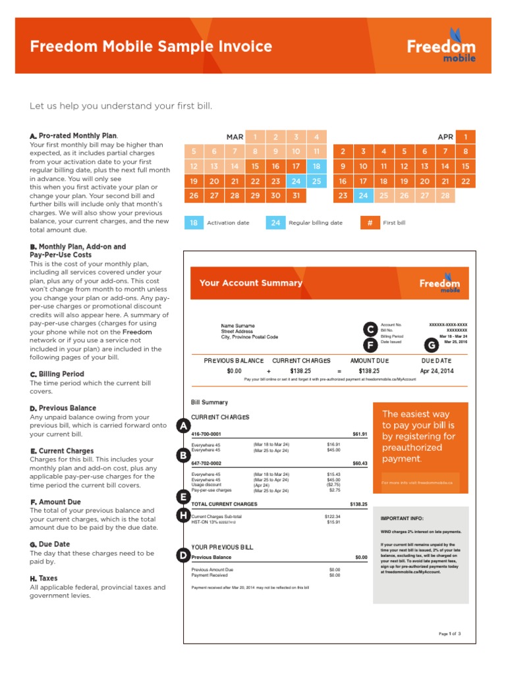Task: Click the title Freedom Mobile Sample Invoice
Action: click(x=151, y=47)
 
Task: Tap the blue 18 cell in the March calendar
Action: click(x=316, y=167)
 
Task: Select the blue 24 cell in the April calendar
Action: click(x=363, y=195)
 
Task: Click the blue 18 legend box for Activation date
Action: click(x=194, y=222)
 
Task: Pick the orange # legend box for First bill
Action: click(x=370, y=222)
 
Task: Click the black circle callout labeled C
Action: click(x=371, y=329)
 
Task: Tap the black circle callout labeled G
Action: click(x=432, y=345)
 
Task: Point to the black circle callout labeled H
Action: click(x=183, y=515)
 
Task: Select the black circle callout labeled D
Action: click(x=183, y=556)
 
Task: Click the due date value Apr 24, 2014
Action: click(x=436, y=371)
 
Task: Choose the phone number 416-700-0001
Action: click(x=206, y=434)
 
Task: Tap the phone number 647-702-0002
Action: click(x=206, y=463)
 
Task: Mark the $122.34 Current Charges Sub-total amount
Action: click(x=333, y=517)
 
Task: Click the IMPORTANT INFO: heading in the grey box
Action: click(x=402, y=518)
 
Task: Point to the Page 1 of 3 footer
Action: click(x=449, y=634)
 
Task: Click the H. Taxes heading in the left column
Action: click(x=43, y=578)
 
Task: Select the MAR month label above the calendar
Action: click(x=235, y=137)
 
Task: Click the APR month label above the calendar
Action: click(x=445, y=137)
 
